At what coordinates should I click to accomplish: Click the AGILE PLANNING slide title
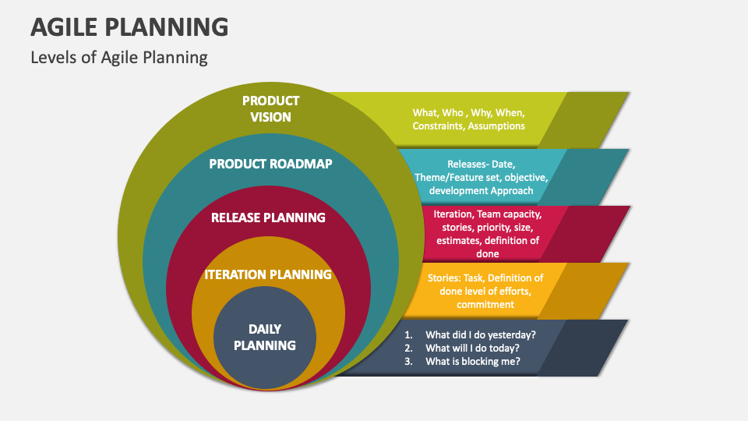(129, 27)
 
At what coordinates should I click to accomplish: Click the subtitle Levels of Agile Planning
(119, 58)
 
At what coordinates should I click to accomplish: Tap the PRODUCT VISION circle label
(270, 109)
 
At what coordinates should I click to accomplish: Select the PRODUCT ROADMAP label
(270, 164)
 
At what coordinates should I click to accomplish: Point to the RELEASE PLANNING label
(268, 218)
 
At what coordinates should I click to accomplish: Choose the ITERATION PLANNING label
(268, 274)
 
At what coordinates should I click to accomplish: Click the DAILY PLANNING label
(265, 337)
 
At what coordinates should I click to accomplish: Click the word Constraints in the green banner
(438, 126)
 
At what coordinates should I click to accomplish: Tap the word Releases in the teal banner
(466, 165)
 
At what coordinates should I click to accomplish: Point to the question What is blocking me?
(472, 362)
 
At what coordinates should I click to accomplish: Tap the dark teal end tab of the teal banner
(588, 176)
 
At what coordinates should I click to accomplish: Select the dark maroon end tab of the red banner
(588, 233)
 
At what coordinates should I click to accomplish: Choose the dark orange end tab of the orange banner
(584, 290)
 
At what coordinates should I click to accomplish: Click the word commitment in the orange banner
(485, 304)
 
